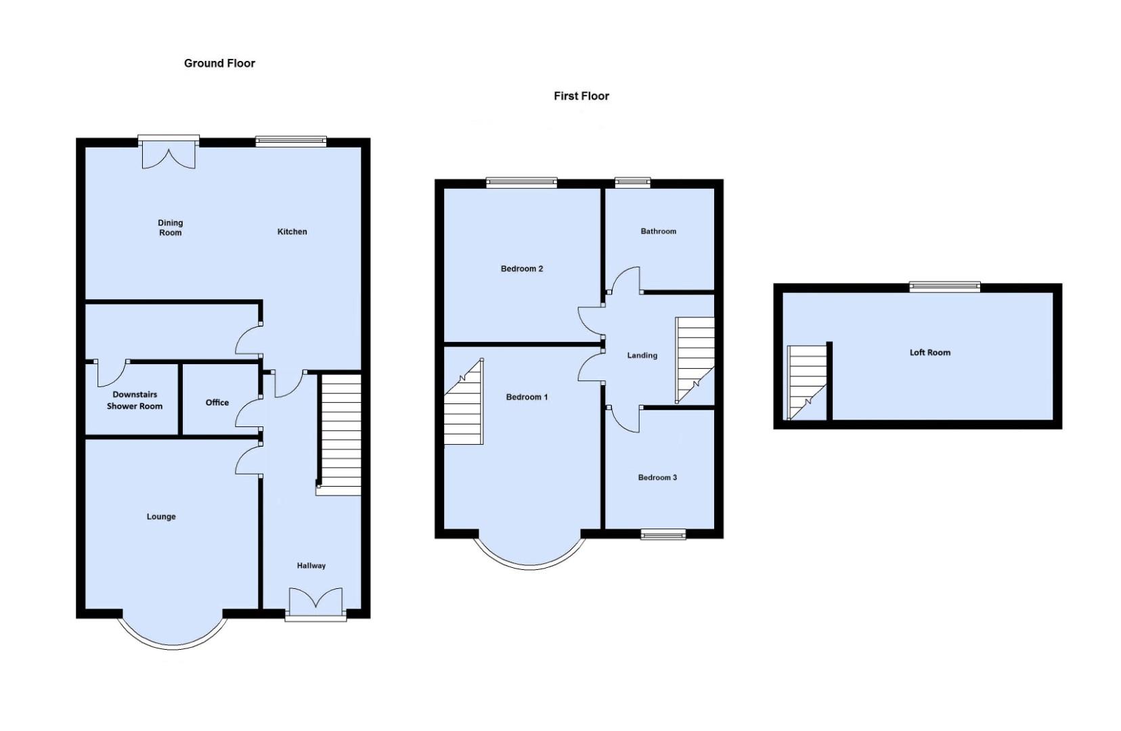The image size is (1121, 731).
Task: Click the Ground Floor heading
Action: (x=219, y=64)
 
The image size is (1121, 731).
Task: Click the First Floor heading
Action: (x=581, y=96)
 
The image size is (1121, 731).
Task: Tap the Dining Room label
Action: (x=171, y=227)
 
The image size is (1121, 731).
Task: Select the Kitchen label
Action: (x=292, y=231)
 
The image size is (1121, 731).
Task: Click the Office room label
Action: (x=217, y=403)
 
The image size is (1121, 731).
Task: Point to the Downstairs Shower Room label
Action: (x=135, y=400)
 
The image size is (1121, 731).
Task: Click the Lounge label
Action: (x=161, y=516)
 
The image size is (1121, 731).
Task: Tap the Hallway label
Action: (x=311, y=566)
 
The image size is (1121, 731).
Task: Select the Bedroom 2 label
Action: (x=521, y=269)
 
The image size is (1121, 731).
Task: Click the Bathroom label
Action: (x=658, y=231)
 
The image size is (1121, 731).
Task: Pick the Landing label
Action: (x=642, y=355)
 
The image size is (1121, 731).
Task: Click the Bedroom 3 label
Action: (x=657, y=478)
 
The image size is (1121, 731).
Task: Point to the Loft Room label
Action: (x=929, y=353)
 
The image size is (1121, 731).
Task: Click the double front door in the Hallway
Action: (x=315, y=602)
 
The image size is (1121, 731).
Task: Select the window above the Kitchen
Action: (x=291, y=141)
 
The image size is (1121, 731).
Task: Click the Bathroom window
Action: (x=632, y=181)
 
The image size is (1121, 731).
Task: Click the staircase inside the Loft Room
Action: (x=807, y=382)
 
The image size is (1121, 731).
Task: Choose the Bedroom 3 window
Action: (x=663, y=535)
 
